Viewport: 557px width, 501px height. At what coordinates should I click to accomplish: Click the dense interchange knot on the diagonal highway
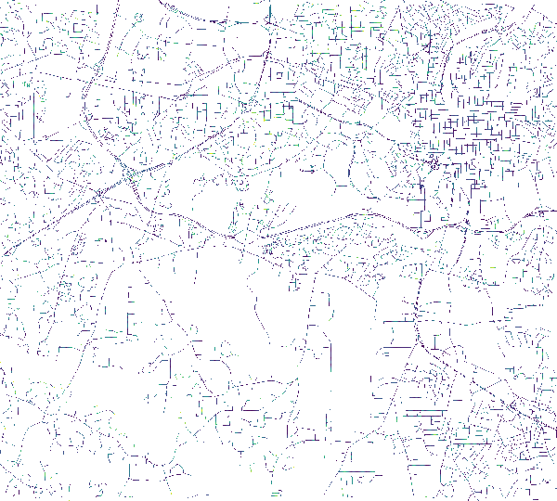pos(127,173)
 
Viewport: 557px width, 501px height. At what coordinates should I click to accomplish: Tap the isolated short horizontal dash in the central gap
pos(309,172)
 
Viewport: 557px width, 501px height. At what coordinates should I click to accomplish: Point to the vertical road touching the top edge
pos(268,19)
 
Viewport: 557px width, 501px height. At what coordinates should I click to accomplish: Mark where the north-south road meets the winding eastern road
pos(461,226)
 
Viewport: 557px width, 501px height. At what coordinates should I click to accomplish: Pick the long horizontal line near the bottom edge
pos(357,472)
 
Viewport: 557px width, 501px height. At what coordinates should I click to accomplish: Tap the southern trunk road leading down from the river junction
pos(418,306)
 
